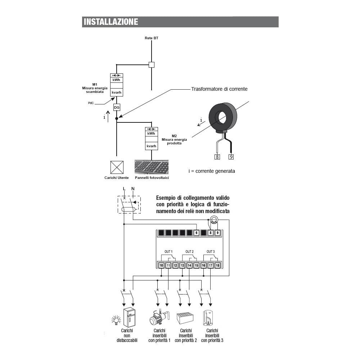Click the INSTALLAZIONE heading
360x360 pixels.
(x=111, y=22)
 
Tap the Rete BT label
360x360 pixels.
(x=151, y=38)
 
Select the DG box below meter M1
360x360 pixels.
(x=117, y=107)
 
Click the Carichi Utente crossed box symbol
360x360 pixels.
(x=117, y=167)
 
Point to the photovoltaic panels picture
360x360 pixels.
(x=152, y=167)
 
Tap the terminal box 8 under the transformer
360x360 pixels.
(x=217, y=157)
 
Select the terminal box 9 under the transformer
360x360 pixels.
(x=231, y=157)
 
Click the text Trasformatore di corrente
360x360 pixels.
(x=219, y=89)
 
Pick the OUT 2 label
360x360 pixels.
(x=190, y=251)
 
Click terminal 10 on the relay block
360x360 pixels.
(x=161, y=265)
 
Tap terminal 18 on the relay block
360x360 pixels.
(x=217, y=265)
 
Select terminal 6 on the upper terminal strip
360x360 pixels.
(x=196, y=233)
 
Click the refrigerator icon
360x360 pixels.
(x=129, y=317)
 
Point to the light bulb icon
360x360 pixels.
(x=116, y=319)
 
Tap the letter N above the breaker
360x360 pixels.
(x=133, y=189)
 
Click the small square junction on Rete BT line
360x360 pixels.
(x=152, y=65)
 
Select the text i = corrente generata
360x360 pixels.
(x=212, y=171)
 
